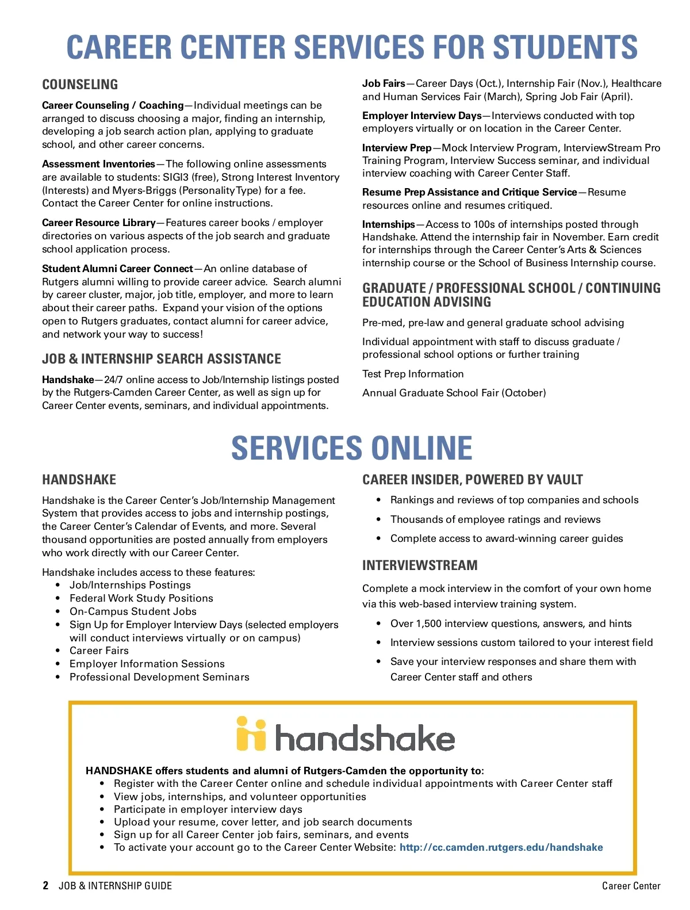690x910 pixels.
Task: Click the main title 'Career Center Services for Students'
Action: pos(352,47)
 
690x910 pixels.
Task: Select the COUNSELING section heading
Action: pos(80,85)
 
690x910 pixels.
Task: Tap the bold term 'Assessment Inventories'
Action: pos(98,164)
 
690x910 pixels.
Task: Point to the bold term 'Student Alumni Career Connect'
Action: pos(117,269)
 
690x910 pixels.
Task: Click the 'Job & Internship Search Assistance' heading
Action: pos(162,359)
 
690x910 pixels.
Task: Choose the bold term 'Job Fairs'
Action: pos(384,83)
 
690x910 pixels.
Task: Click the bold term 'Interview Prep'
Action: pos(397,148)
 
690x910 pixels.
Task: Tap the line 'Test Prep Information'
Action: pos(413,374)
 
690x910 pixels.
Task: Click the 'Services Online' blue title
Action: pos(352,448)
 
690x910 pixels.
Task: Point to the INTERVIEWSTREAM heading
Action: pos(420,565)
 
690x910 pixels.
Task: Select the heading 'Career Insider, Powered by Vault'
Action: pos(472,480)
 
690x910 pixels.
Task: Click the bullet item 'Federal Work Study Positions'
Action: pos(141,598)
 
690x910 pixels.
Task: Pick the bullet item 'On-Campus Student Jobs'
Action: pos(133,611)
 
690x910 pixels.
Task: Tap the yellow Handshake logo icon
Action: pos(251,734)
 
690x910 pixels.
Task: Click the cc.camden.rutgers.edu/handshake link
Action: pos(501,847)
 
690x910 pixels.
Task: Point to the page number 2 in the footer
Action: pos(45,886)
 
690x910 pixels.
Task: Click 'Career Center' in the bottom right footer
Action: pos(631,886)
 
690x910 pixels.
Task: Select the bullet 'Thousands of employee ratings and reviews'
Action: pos(495,519)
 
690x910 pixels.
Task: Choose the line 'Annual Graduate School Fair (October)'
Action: pos(454,393)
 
